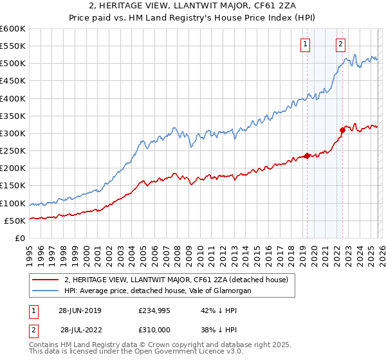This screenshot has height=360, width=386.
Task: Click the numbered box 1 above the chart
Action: click(x=304, y=44)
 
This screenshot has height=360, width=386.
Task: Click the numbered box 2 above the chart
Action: click(x=340, y=44)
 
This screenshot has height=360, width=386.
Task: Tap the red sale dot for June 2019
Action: click(x=307, y=156)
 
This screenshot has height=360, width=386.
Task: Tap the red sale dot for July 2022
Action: click(x=342, y=130)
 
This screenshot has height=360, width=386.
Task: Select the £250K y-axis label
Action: click(x=13, y=151)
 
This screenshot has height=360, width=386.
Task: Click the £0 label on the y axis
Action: click(x=19, y=238)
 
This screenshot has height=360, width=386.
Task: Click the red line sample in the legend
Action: click(x=46, y=280)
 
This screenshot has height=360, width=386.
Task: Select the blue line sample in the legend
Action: click(x=46, y=291)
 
